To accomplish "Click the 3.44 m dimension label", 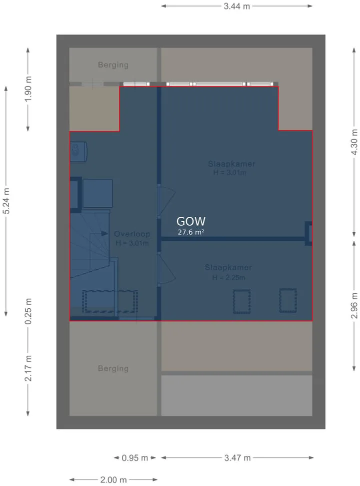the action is click(x=237, y=6).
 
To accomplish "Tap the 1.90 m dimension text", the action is click(x=28, y=89).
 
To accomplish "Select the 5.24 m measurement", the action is click(x=6, y=201).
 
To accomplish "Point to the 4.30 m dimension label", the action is click(x=354, y=142).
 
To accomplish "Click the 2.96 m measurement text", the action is click(x=354, y=306).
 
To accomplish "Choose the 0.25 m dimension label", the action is click(x=28, y=311).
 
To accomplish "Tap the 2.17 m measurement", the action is click(x=28, y=368).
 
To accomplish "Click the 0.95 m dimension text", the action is click(x=134, y=458).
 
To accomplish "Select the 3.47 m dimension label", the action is click(x=237, y=458).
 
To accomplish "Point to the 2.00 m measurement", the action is click(x=113, y=480).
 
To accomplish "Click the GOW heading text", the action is click(x=190, y=221).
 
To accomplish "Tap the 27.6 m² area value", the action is click(x=190, y=232).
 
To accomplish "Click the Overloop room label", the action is click(x=132, y=234).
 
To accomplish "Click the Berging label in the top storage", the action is click(x=113, y=65).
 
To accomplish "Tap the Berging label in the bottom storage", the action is click(x=113, y=368).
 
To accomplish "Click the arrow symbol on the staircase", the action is click(x=104, y=234).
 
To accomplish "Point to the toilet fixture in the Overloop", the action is click(x=78, y=152).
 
